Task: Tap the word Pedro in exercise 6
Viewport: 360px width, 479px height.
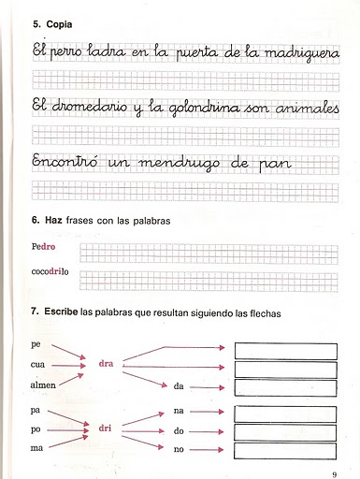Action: click(x=45, y=249)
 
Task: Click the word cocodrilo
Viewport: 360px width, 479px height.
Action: click(x=50, y=273)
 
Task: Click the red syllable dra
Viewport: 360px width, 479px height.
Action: click(x=106, y=365)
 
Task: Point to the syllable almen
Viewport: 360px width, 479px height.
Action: click(x=43, y=385)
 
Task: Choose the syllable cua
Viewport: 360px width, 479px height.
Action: click(x=38, y=365)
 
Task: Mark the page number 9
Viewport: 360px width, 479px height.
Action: click(x=335, y=466)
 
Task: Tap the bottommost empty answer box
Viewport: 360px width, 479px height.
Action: click(x=285, y=452)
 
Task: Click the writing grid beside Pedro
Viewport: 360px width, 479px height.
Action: click(x=209, y=251)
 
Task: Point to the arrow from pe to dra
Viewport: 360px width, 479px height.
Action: click(x=68, y=352)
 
